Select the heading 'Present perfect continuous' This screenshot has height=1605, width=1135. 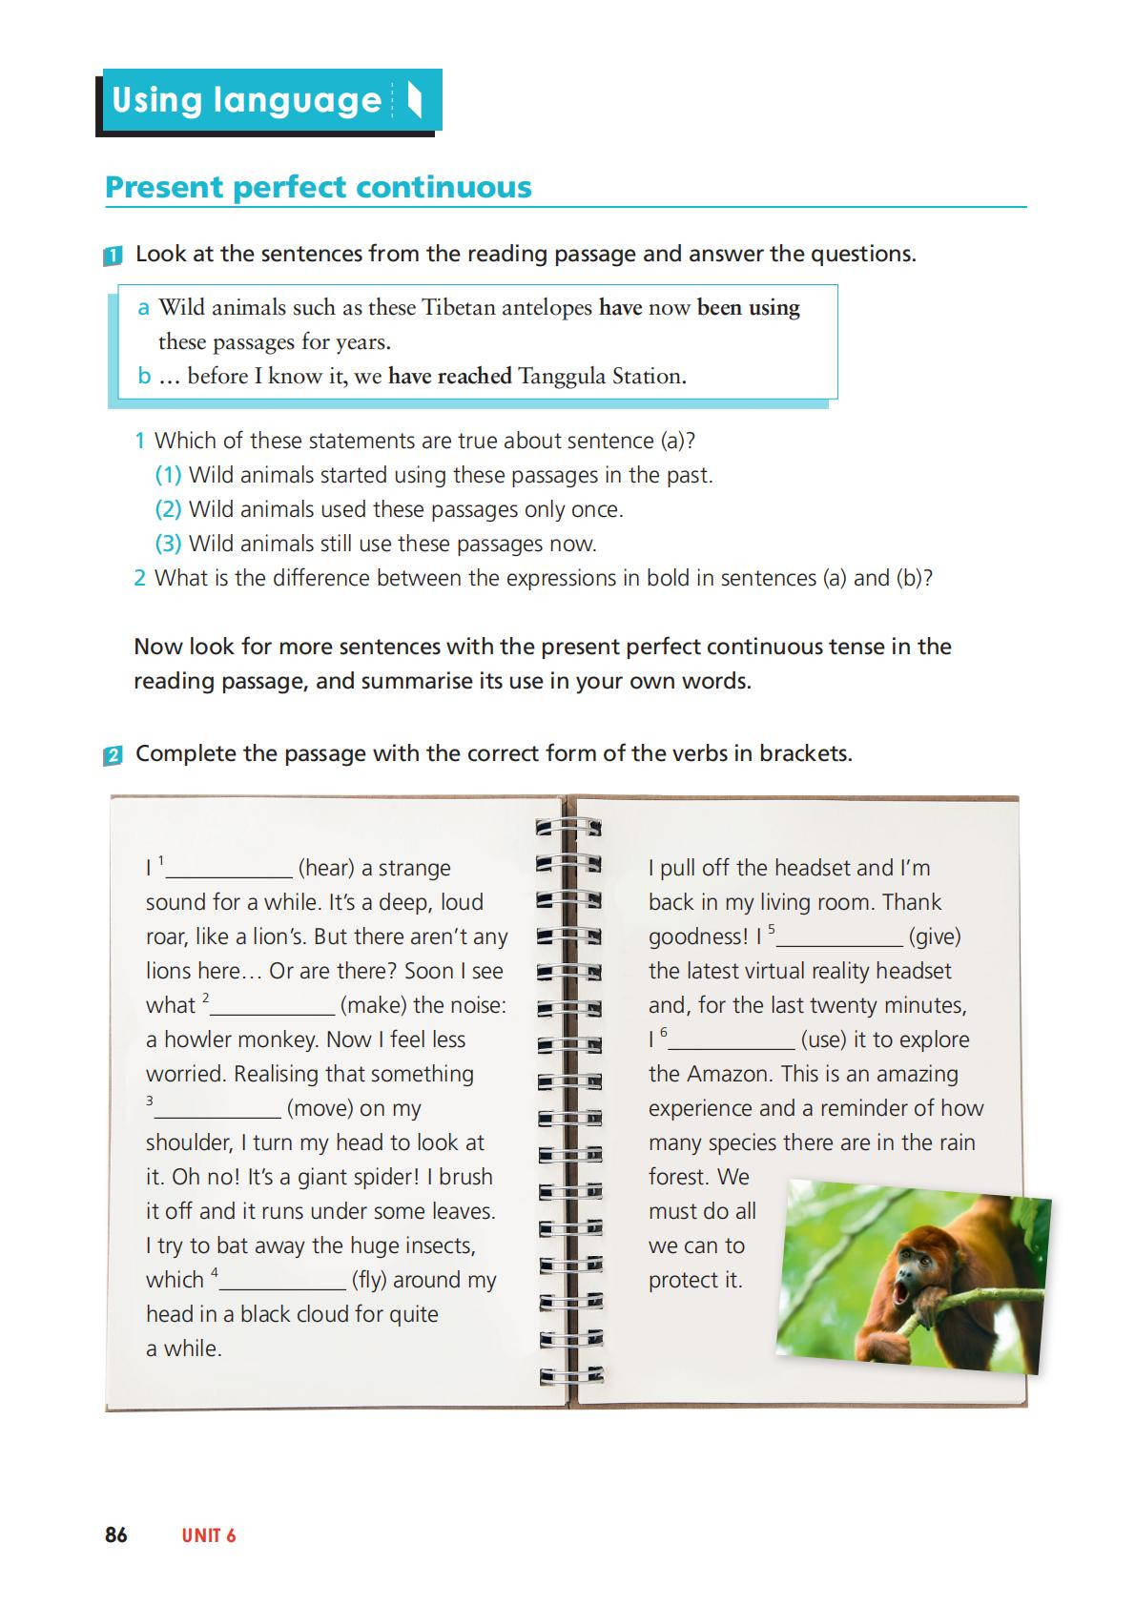(318, 187)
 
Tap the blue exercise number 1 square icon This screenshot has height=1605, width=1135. (113, 256)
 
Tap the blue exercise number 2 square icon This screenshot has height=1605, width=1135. (113, 755)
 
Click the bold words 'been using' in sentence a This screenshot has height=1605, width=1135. (749, 308)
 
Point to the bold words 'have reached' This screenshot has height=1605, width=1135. (449, 377)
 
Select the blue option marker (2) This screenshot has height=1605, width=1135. (168, 509)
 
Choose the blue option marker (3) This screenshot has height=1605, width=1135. (168, 544)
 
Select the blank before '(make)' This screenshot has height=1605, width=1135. (273, 1007)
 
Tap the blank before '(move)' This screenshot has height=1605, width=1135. (217, 1110)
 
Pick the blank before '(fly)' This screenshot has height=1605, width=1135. (282, 1282)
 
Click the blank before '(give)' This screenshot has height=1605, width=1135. (840, 938)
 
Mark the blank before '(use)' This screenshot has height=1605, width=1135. (732, 1041)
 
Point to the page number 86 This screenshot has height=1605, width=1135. (115, 1534)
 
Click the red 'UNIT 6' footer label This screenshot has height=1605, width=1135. (208, 1535)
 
